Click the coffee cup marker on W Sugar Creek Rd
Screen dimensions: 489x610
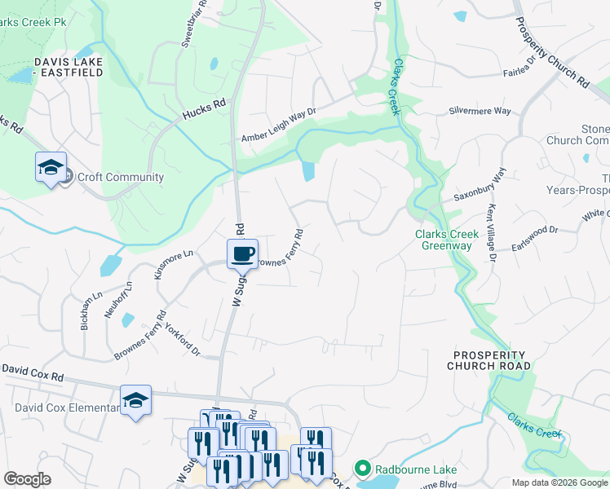pos(242,254)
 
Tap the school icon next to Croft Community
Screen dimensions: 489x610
pos(51,169)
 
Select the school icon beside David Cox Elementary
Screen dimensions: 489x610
pos(135,400)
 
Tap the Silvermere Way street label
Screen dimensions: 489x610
pos(480,111)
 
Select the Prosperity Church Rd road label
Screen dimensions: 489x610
pos(553,51)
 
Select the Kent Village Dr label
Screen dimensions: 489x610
pos(492,233)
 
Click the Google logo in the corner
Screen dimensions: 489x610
pos(27,479)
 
